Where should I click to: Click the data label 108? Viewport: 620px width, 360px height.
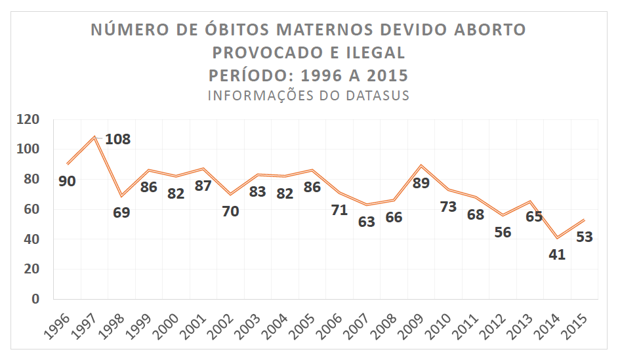point(118,139)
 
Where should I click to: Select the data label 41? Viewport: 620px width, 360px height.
point(557,254)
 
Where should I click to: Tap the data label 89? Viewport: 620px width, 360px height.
point(421,183)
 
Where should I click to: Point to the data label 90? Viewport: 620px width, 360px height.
point(67,180)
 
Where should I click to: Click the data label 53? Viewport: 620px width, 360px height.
point(584,237)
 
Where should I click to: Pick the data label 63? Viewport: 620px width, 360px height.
point(366,222)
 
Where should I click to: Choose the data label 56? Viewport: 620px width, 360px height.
point(503,232)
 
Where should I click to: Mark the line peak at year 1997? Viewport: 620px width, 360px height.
point(95,137)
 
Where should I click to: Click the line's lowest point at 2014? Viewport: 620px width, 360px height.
point(557,237)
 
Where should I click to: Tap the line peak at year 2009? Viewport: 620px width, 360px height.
point(421,165)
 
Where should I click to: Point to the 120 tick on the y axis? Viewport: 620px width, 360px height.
point(29,119)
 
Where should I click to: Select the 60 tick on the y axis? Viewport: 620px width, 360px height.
point(32,209)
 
